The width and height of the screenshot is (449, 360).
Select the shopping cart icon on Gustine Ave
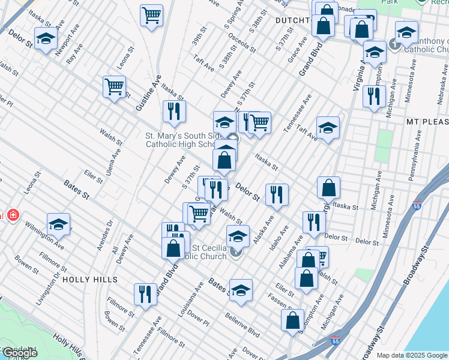pyautogui.click(x=114, y=87)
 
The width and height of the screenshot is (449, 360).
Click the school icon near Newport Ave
pyautogui.click(x=45, y=39)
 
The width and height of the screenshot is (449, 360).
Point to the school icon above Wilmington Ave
pyautogui.click(x=58, y=225)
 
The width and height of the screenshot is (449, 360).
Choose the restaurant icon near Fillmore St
pyautogui.click(x=145, y=295)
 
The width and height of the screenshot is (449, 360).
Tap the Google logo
pyautogui.click(x=19, y=353)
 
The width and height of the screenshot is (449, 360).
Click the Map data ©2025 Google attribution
pyautogui.click(x=412, y=355)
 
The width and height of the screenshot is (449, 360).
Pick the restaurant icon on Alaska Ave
pyautogui.click(x=277, y=194)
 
